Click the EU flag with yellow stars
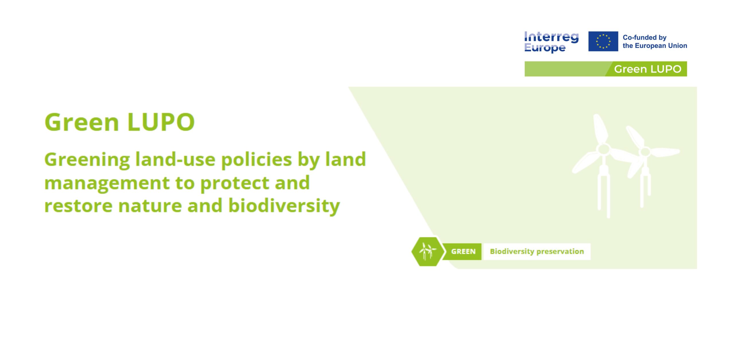[603, 41]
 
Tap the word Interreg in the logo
[551, 37]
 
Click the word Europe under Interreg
[545, 48]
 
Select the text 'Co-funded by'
[645, 38]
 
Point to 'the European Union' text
[655, 46]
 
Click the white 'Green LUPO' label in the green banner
[647, 69]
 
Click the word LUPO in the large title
[161, 122]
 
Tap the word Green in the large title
[82, 122]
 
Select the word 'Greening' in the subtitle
[87, 160]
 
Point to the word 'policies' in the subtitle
[256, 160]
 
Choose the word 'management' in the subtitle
[107, 184]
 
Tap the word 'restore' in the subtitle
[78, 206]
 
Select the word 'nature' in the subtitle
[149, 206]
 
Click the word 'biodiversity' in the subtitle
[284, 206]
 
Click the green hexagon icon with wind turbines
[427, 252]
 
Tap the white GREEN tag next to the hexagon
[463, 252]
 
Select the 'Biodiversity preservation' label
[537, 252]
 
